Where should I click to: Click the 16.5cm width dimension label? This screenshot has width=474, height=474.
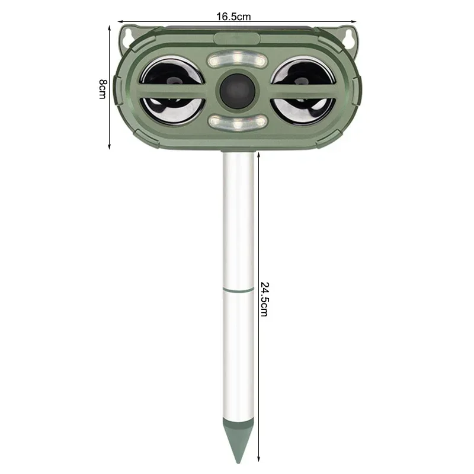point(233,17)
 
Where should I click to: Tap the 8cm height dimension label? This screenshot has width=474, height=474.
point(103,89)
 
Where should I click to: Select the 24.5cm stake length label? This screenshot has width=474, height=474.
point(264,299)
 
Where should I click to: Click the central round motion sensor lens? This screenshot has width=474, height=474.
point(238,91)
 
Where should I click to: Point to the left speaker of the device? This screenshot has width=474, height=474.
point(172,91)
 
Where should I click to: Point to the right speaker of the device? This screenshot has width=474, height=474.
point(303,91)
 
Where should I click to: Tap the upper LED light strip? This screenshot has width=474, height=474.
point(238,60)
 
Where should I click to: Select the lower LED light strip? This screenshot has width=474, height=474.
point(238,122)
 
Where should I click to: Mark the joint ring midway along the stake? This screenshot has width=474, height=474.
point(238,290)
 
